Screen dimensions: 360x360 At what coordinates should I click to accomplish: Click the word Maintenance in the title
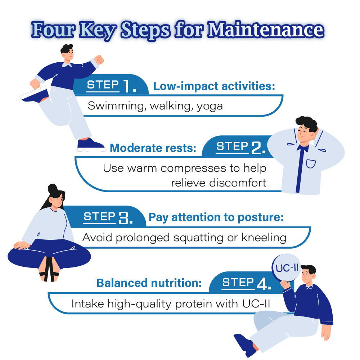(x=266, y=30)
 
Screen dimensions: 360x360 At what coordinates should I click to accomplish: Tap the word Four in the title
(x=54, y=30)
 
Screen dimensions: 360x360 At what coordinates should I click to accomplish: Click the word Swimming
(x=116, y=106)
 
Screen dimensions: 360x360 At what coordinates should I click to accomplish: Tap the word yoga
(x=210, y=107)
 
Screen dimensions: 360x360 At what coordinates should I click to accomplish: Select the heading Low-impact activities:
(x=214, y=86)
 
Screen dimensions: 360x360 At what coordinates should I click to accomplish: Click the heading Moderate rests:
(x=153, y=148)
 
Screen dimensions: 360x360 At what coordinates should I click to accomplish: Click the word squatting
(x=198, y=238)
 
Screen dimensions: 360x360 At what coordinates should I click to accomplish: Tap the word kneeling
(x=264, y=238)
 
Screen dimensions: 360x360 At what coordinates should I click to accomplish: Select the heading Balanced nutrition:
(x=149, y=283)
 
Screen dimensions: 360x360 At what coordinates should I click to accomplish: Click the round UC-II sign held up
(x=286, y=268)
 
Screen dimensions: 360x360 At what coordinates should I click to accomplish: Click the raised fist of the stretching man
(x=99, y=60)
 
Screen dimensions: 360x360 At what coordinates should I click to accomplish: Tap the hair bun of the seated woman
(x=53, y=188)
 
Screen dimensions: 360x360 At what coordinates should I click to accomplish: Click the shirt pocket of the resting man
(x=311, y=164)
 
